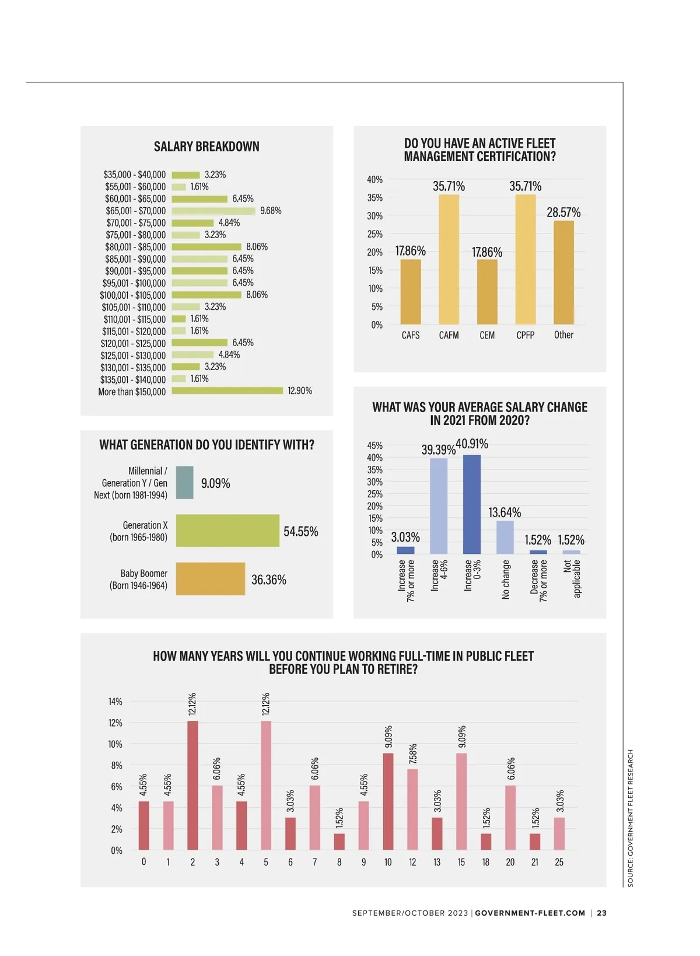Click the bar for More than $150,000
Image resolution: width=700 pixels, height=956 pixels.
tap(227, 391)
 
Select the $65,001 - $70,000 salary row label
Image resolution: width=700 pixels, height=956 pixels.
tap(135, 211)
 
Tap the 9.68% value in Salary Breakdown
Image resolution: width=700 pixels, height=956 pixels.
tap(271, 211)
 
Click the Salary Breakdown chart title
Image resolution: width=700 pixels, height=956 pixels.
tap(206, 146)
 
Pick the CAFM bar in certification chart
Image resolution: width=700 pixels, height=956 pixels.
tap(449, 260)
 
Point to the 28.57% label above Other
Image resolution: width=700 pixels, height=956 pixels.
tap(563, 212)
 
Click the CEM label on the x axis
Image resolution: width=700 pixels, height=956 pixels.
tap(487, 335)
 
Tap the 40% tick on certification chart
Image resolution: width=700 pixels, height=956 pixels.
tap(374, 180)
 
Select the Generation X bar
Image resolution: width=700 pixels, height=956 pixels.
tap(228, 531)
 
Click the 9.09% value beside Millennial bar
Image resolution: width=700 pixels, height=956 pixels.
tap(215, 483)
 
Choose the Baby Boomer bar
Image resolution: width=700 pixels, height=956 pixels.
tap(210, 579)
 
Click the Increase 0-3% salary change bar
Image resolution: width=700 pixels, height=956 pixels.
tap(472, 504)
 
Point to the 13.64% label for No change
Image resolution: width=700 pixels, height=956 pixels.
tap(505, 512)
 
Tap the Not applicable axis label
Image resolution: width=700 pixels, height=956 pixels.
tap(572, 578)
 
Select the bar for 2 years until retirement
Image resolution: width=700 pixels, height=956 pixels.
tap(192, 785)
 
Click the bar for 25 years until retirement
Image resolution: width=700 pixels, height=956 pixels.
tap(559, 833)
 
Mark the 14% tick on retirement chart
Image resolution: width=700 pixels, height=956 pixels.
tap(115, 702)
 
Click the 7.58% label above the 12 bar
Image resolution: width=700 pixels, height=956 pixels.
tap(413, 753)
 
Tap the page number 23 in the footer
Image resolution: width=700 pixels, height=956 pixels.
tap(602, 913)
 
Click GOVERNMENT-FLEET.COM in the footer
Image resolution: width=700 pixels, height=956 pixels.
tap(530, 913)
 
